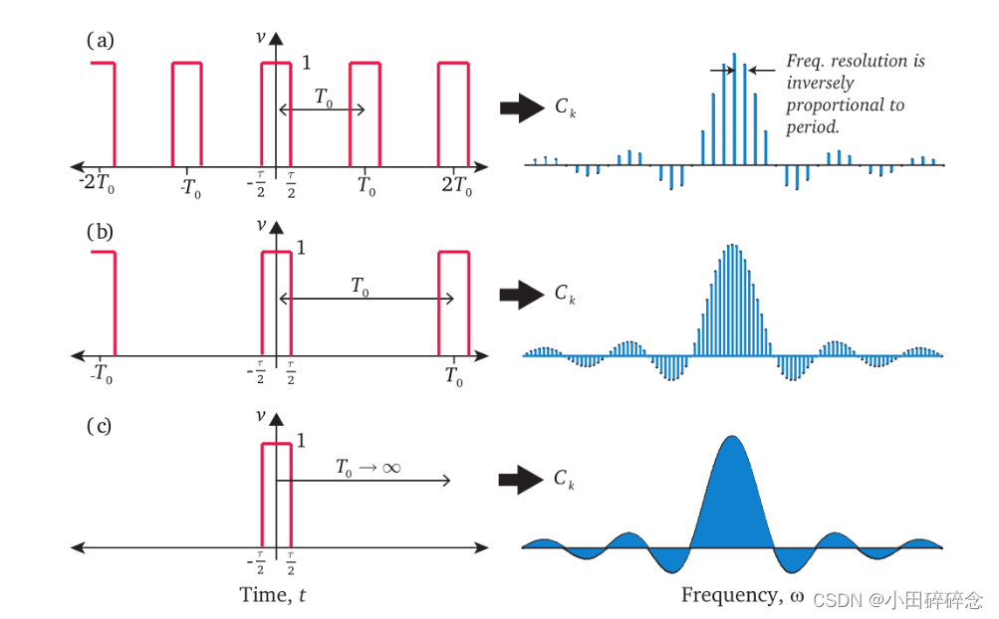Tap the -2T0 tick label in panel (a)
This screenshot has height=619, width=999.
pyautogui.click(x=99, y=185)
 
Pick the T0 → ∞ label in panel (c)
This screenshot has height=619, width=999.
pyautogui.click(x=368, y=467)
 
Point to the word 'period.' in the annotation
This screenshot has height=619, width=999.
pyautogui.click(x=814, y=127)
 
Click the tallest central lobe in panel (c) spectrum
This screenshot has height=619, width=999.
pyautogui.click(x=733, y=498)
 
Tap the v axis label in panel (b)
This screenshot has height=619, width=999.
pyautogui.click(x=262, y=225)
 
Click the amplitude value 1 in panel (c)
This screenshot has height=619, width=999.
pyautogui.click(x=301, y=440)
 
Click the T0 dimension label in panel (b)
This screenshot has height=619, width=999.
pyautogui.click(x=360, y=287)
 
